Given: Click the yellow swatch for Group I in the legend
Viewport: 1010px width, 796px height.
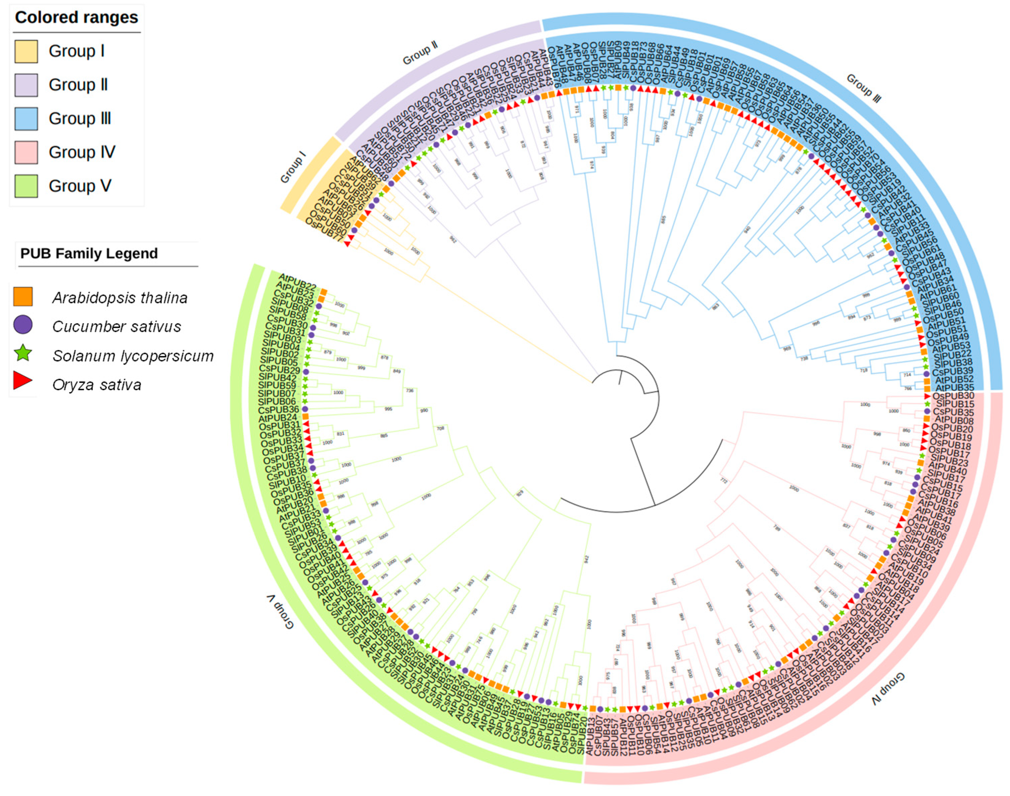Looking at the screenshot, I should [26, 51].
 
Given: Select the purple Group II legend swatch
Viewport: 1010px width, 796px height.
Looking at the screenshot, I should [26, 85].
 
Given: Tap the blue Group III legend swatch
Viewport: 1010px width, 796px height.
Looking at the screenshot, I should [26, 118].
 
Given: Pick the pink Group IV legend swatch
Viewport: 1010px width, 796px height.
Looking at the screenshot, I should [26, 152].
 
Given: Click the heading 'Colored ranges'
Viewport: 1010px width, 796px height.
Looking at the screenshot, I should [76, 18].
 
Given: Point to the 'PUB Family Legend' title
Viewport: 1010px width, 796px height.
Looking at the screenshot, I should [89, 254].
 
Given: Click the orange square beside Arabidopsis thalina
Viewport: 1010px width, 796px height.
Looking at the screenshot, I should [23, 297].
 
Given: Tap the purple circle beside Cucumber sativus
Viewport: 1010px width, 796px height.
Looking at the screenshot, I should [23, 325].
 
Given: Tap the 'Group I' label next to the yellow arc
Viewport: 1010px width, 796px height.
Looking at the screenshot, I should [293, 167].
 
